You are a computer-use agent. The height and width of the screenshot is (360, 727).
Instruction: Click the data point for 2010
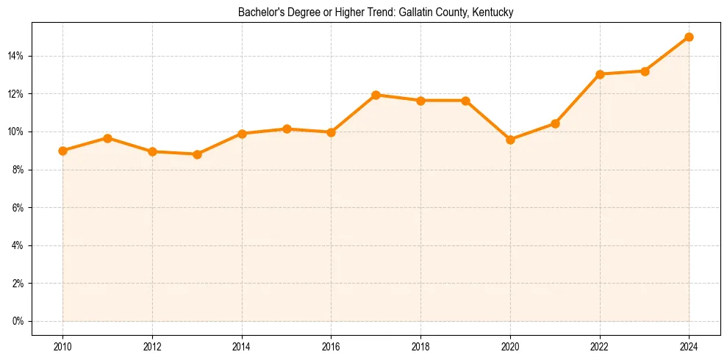62,151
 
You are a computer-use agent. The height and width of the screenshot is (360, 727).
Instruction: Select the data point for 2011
107,138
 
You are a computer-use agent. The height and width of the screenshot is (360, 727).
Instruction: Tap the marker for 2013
197,154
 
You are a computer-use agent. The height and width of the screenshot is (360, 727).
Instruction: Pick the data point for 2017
376,95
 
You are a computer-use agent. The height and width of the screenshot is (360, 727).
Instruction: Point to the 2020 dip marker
510,140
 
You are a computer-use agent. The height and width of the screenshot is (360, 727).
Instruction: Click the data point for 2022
600,74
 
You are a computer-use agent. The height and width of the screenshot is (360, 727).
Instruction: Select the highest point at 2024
689,37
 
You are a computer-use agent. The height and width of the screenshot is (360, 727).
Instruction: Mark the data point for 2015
287,129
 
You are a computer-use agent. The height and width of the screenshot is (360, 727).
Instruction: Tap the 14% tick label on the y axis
17,56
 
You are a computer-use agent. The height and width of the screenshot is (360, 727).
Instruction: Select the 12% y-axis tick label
17,94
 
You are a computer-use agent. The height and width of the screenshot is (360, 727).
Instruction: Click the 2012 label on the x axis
152,346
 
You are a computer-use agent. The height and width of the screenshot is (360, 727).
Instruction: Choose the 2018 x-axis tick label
420,346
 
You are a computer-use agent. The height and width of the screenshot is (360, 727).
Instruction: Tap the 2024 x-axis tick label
689,346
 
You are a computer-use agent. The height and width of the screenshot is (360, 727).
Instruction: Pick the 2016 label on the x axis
331,346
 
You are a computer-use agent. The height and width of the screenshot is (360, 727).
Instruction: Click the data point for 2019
465,101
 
